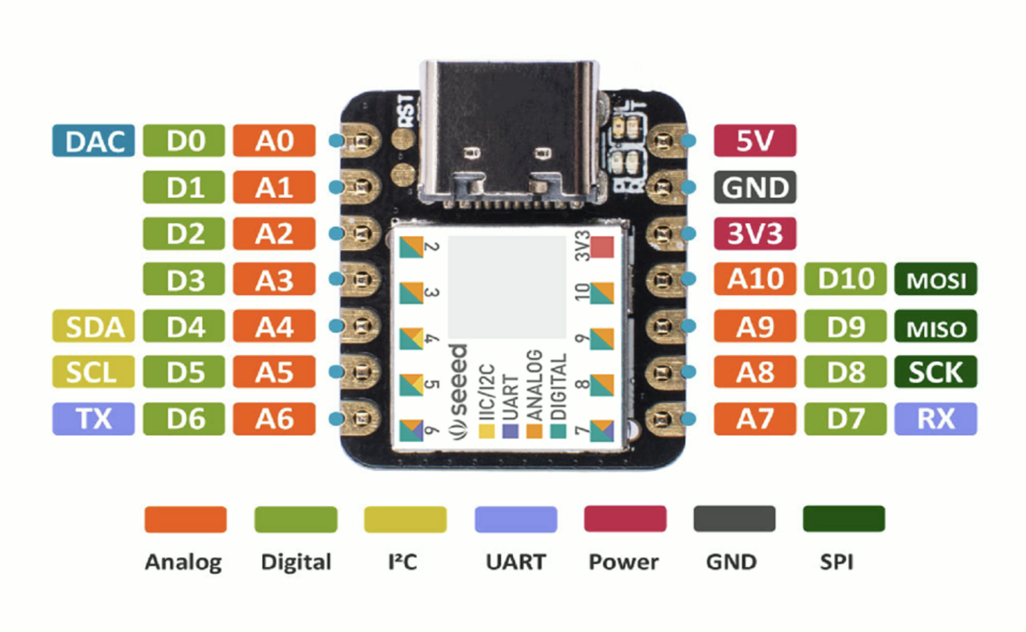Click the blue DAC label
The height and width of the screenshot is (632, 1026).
pyautogui.click(x=93, y=141)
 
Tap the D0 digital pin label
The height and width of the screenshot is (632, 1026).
pyautogui.click(x=184, y=141)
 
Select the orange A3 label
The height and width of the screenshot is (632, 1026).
pyautogui.click(x=274, y=279)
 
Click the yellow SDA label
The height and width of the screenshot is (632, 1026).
pyautogui.click(x=93, y=326)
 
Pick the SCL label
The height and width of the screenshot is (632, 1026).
pyautogui.click(x=93, y=372)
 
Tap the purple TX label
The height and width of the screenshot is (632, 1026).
pyautogui.click(x=93, y=418)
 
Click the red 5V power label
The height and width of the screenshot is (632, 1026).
pyautogui.click(x=755, y=141)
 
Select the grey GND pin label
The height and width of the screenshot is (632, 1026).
pyautogui.click(x=755, y=187)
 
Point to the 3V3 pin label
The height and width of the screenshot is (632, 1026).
pyautogui.click(x=755, y=234)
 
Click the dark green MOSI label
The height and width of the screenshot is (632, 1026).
pyautogui.click(x=936, y=279)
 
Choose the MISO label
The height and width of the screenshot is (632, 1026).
pyautogui.click(x=936, y=326)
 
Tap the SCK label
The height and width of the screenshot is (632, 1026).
pyautogui.click(x=936, y=372)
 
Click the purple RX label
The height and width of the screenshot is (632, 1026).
pyautogui.click(x=936, y=418)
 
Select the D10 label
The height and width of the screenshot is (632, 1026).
pyautogui.click(x=845, y=279)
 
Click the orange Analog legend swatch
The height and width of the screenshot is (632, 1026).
pyautogui.click(x=185, y=519)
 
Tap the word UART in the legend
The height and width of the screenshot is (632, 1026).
pyautogui.click(x=516, y=562)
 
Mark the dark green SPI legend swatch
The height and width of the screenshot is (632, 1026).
pyautogui.click(x=843, y=518)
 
